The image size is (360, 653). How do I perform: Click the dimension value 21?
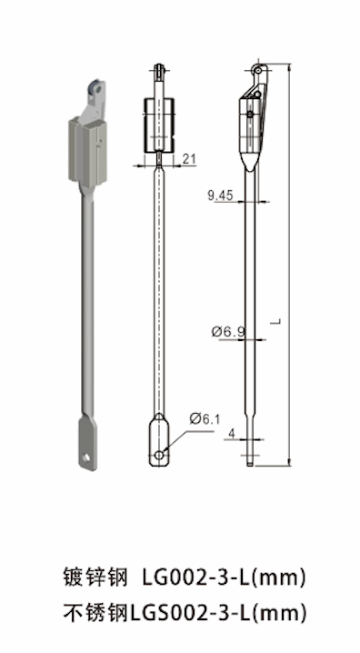coord(189,159)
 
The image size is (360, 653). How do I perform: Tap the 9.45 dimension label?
coord(220,196)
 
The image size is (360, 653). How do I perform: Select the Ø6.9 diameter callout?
coord(228,332)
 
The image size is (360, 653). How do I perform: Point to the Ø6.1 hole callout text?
coord(205,418)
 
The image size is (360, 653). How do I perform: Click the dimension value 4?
coord(232,434)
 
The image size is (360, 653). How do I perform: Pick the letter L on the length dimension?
coord(278,322)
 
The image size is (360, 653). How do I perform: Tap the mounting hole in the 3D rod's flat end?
coord(85,458)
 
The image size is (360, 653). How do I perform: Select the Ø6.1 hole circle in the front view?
coord(159,455)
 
